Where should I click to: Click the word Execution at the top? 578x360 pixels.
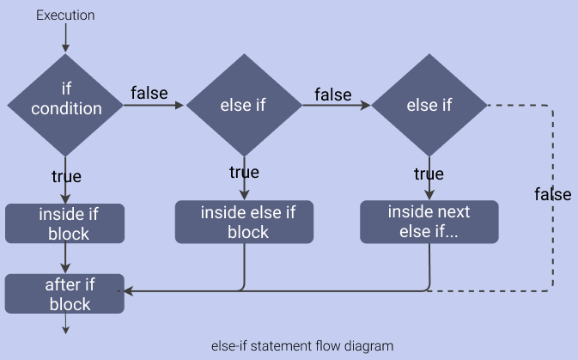click(x=65, y=15)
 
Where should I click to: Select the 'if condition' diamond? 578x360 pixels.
click(x=65, y=105)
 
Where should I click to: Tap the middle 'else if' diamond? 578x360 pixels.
click(x=244, y=105)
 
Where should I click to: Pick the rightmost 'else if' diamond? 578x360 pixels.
click(x=429, y=105)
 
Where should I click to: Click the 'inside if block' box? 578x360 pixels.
click(x=65, y=223)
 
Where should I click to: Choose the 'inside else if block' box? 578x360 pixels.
click(x=244, y=222)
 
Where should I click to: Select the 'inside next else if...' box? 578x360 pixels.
click(x=429, y=222)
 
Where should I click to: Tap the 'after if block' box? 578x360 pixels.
click(x=64, y=294)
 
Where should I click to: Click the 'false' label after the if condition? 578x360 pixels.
click(x=149, y=93)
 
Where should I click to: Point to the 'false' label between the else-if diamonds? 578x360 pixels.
click(x=333, y=95)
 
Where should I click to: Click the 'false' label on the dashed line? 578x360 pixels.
click(x=553, y=194)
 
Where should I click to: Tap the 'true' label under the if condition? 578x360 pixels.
click(x=66, y=176)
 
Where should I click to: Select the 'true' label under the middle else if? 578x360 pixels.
click(x=244, y=172)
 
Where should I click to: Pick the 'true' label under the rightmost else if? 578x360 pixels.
click(x=429, y=174)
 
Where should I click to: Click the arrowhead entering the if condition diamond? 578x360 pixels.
click(x=65, y=48)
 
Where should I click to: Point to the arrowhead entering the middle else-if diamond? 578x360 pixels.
click(x=179, y=105)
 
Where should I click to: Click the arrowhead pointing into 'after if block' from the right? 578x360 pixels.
click(x=128, y=291)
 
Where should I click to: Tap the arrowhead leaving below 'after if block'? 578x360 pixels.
click(x=65, y=330)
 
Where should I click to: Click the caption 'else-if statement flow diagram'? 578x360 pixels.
click(x=302, y=346)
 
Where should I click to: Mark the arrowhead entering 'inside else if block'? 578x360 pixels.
click(x=244, y=195)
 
